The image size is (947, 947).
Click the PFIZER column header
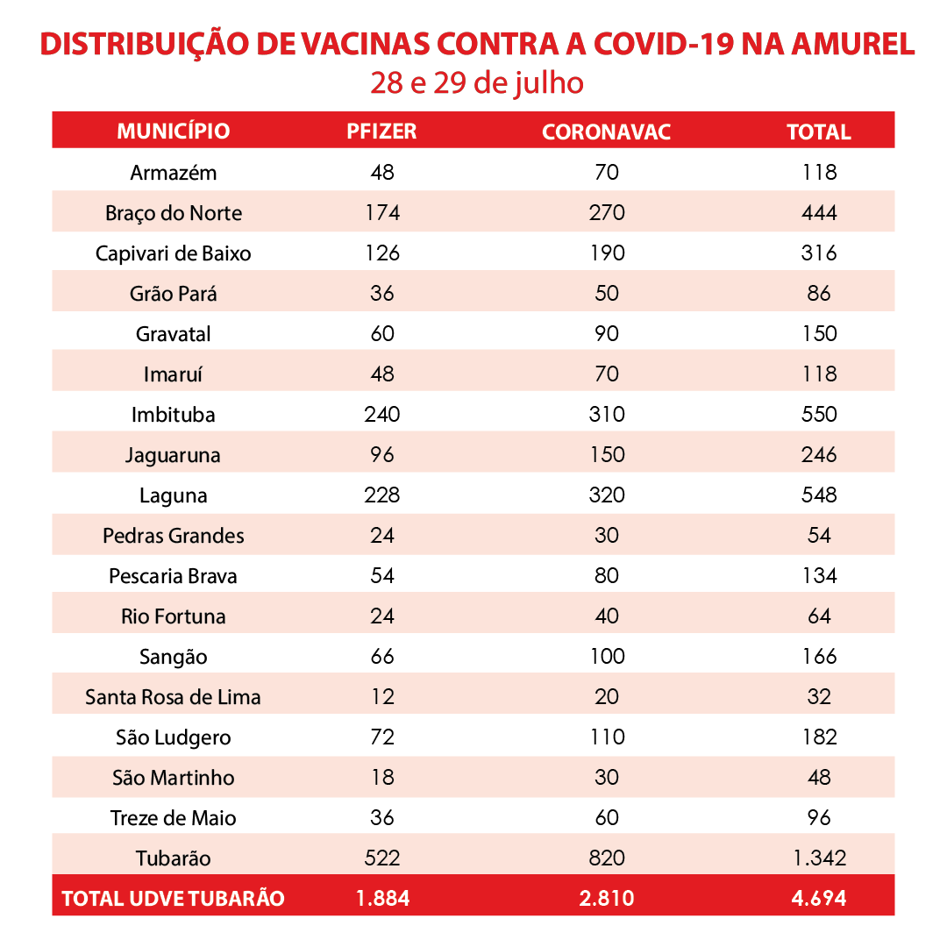pyautogui.click(x=381, y=131)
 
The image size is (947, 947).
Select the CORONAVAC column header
pyautogui.click(x=607, y=132)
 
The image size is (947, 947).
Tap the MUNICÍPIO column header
pyautogui.click(x=174, y=131)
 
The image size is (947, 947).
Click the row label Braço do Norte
pyautogui.click(x=174, y=213)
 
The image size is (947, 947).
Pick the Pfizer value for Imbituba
pyautogui.click(x=382, y=414)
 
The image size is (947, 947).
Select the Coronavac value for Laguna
pyautogui.click(x=607, y=495)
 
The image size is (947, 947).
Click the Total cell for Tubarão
pyautogui.click(x=820, y=858)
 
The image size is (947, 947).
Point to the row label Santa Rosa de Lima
pyautogui.click(x=174, y=697)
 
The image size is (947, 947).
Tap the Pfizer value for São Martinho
pyautogui.click(x=382, y=777)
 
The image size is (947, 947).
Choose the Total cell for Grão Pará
pyautogui.click(x=819, y=294)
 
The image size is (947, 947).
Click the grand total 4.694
pyautogui.click(x=819, y=899)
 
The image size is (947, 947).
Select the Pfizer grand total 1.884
pyautogui.click(x=383, y=899)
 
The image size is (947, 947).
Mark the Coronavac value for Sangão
pyautogui.click(x=608, y=657)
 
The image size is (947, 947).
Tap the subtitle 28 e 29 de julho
pyautogui.click(x=477, y=83)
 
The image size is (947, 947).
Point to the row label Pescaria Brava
pyautogui.click(x=173, y=576)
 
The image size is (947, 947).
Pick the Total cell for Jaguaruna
pyautogui.click(x=819, y=455)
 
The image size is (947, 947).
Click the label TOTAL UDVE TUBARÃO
pyautogui.click(x=174, y=899)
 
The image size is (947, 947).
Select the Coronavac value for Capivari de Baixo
pyautogui.click(x=608, y=253)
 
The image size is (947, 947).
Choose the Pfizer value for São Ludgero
pyautogui.click(x=382, y=737)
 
